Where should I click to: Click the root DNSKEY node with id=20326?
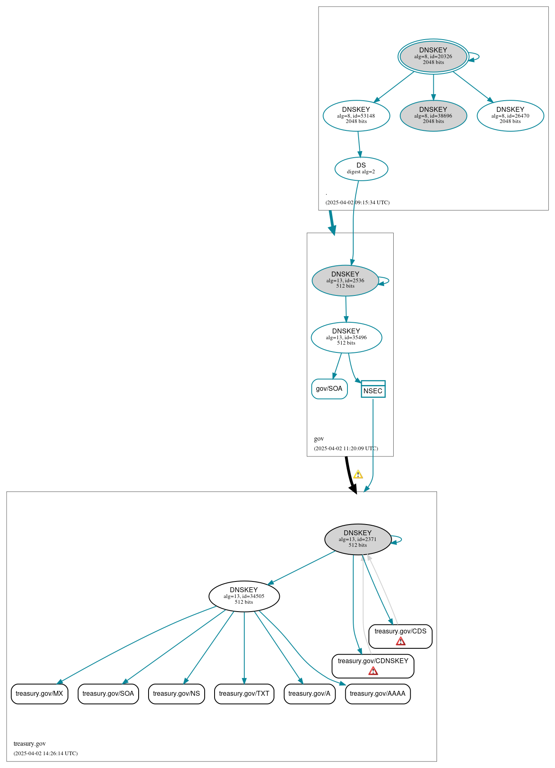click(433, 56)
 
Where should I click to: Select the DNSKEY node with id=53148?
click(356, 116)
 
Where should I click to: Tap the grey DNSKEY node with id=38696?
click(433, 116)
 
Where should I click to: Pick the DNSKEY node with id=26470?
click(510, 116)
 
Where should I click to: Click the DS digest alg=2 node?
click(361, 168)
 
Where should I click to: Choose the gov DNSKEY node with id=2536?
click(345, 280)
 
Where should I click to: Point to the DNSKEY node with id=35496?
click(346, 337)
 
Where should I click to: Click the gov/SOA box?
click(329, 389)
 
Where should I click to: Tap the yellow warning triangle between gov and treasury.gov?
click(358, 475)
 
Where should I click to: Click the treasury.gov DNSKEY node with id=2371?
click(358, 539)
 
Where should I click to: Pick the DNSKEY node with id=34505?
click(244, 596)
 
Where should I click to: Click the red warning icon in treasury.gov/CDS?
click(400, 641)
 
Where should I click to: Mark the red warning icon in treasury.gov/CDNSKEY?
click(373, 671)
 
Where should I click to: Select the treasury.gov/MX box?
click(39, 694)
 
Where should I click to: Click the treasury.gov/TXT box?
click(244, 694)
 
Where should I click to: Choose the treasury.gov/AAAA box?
click(378, 694)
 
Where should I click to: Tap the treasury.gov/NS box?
click(176, 694)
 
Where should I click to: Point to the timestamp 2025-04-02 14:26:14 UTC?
click(45, 753)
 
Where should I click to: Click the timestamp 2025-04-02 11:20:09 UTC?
click(346, 448)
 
